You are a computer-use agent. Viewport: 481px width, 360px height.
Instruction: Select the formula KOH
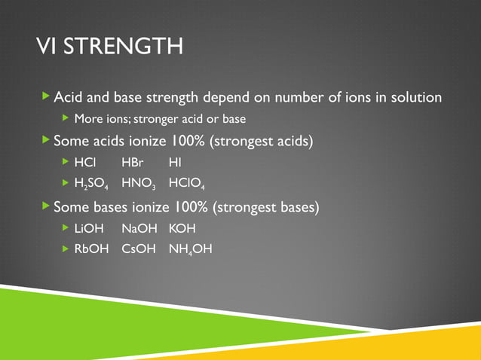click(182, 227)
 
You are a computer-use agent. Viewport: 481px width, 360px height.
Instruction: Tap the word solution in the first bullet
click(413, 98)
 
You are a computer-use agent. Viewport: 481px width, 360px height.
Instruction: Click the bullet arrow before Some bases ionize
click(46, 206)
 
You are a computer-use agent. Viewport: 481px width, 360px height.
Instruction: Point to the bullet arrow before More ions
click(65, 118)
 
